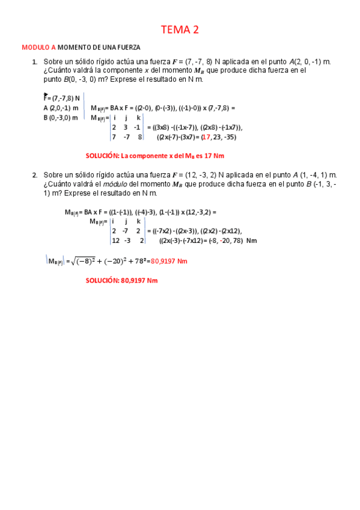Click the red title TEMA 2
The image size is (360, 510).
click(180, 29)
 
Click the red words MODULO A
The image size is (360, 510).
click(39, 47)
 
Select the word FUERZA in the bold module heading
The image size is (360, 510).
click(127, 47)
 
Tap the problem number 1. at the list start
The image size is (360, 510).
click(34, 61)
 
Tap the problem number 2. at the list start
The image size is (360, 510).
click(34, 174)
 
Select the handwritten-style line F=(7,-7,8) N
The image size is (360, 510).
click(61, 97)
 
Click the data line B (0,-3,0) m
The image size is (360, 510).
click(60, 117)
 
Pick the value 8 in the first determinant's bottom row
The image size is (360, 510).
click(139, 137)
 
